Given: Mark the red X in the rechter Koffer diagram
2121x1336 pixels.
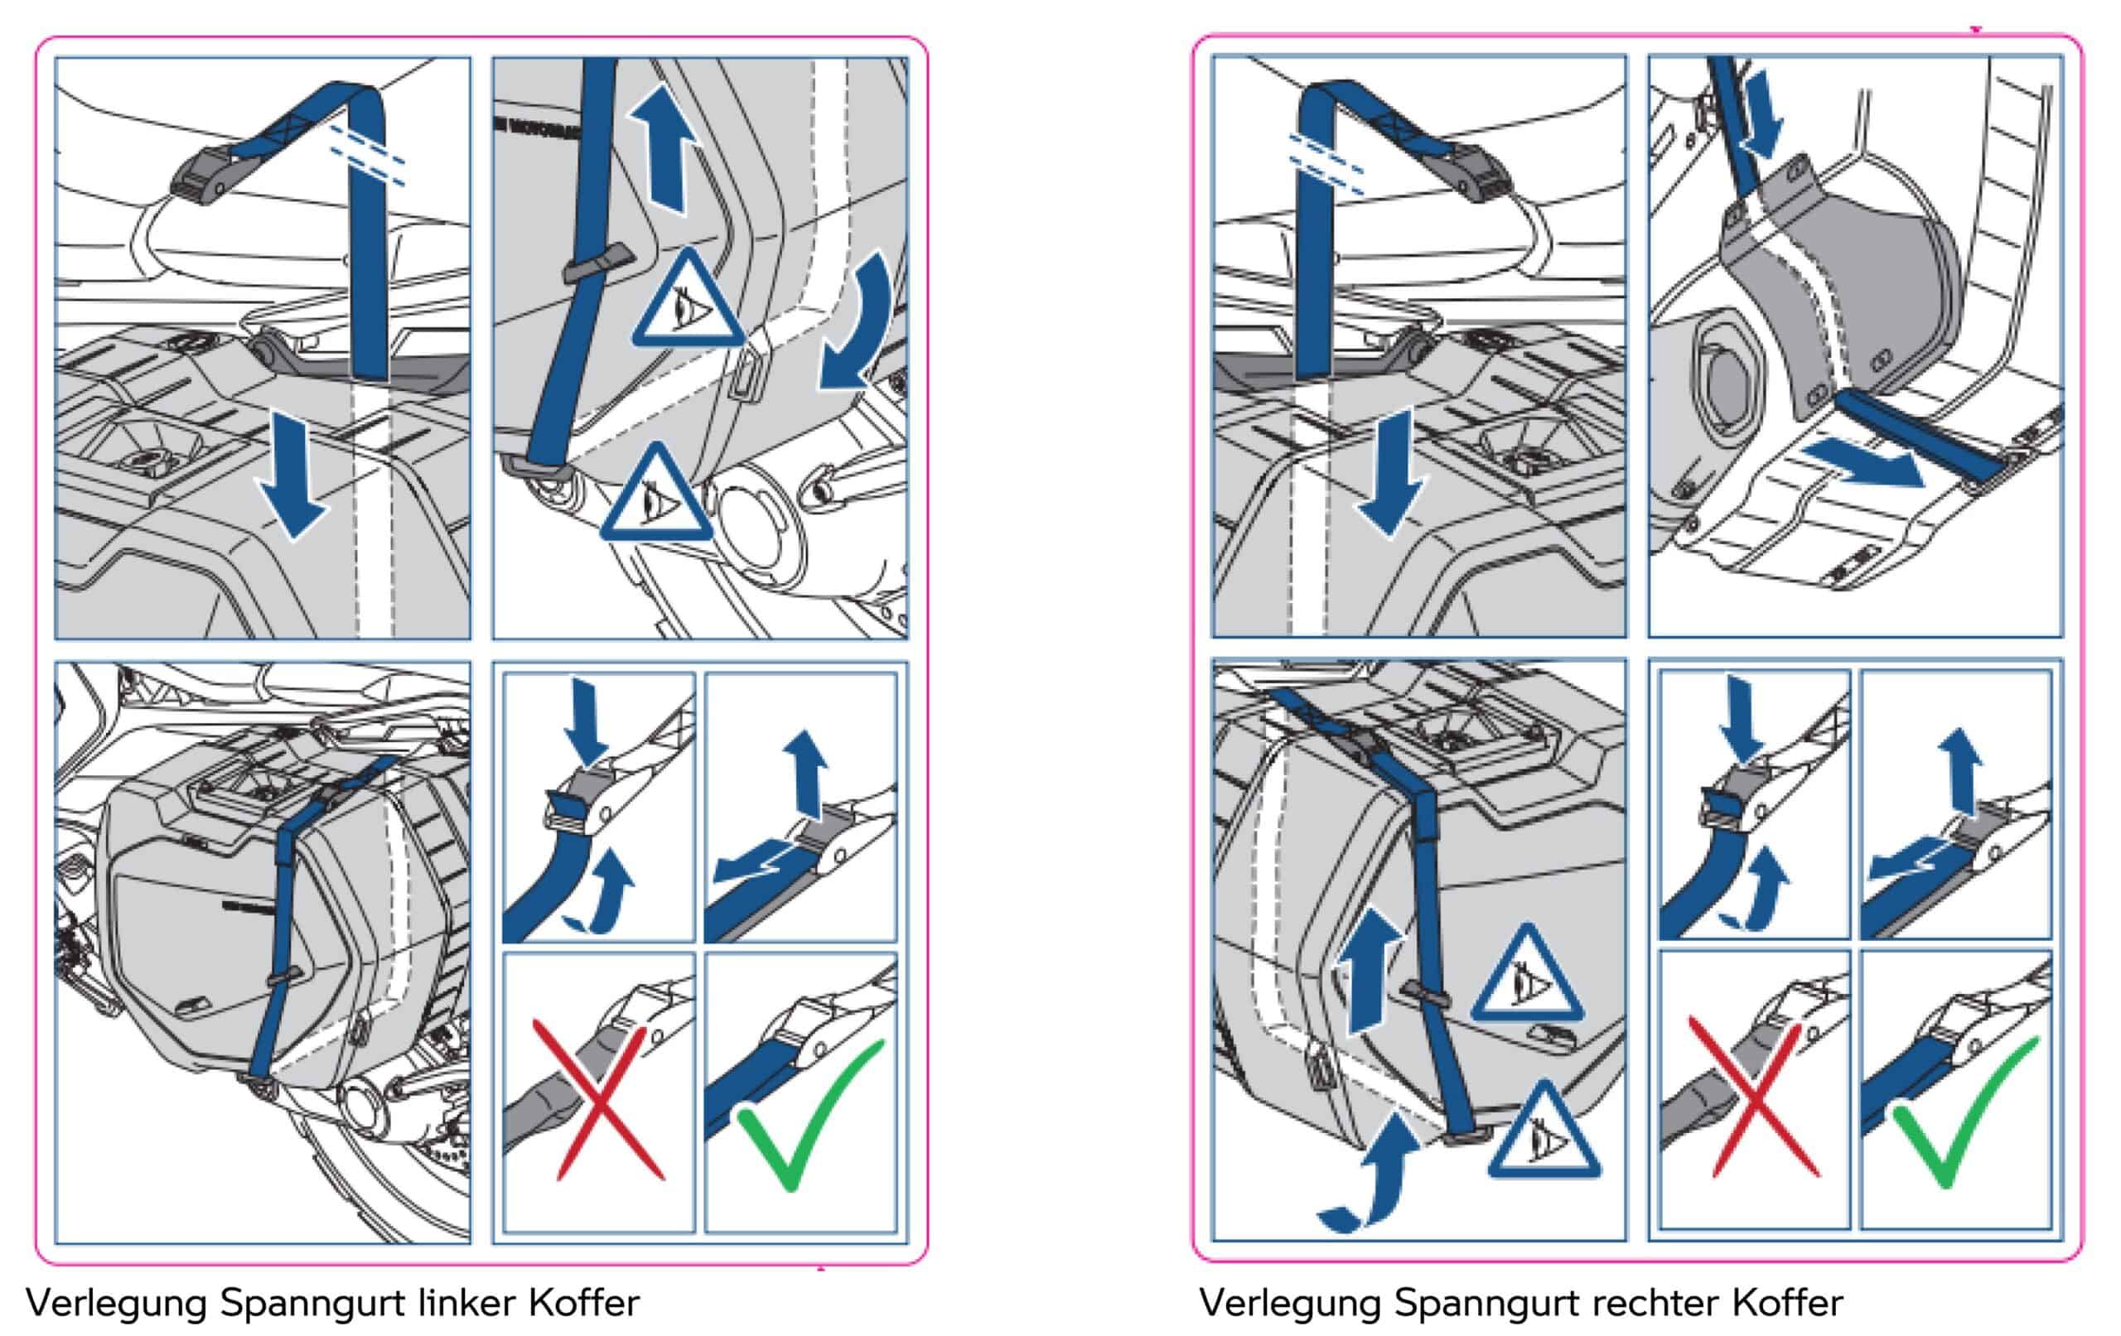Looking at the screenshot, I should pos(1753,1098).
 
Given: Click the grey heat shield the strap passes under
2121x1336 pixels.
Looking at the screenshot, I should pos(1841,282).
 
